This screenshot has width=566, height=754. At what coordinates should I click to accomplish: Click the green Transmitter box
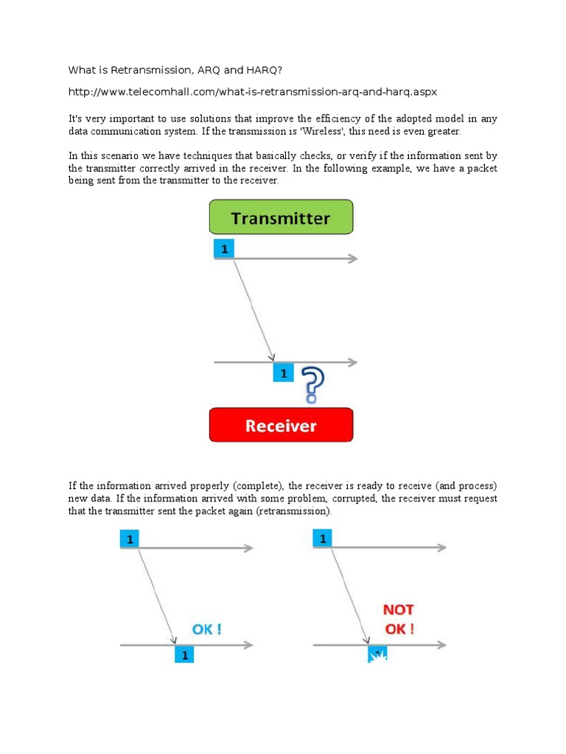[x=281, y=218]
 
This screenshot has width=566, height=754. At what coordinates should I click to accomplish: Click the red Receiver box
[x=281, y=426]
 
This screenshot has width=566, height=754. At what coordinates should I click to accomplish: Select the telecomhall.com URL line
[x=253, y=91]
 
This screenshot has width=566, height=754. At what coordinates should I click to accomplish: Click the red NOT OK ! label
[x=398, y=619]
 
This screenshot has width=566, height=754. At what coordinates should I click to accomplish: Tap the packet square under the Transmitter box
[x=223, y=250]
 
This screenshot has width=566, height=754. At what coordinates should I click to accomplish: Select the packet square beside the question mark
[x=283, y=373]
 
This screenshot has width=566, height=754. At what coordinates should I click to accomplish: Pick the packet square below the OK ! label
[x=184, y=654]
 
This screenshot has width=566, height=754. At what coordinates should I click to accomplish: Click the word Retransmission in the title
[x=140, y=70]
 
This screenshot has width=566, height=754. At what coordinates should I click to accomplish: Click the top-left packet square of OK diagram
[x=130, y=539]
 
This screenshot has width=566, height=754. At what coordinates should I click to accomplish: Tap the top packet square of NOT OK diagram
[x=322, y=539]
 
